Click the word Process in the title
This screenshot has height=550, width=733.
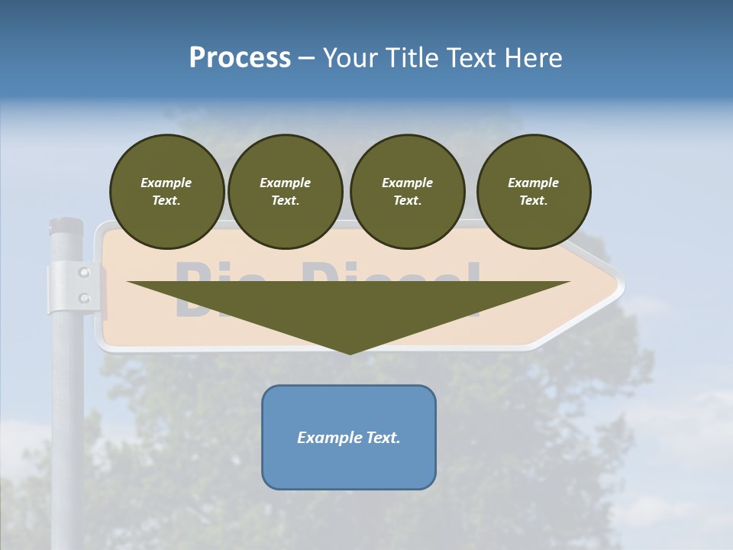click(240, 57)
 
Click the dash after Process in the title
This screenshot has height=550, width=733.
click(306, 59)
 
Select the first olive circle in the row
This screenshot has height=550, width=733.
click(166, 191)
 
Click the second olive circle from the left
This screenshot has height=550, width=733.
click(285, 191)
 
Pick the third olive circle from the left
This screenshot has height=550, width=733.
click(407, 191)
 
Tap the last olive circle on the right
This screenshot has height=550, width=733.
click(533, 191)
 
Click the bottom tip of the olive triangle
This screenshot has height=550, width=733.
click(349, 352)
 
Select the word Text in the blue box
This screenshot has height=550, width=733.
click(382, 438)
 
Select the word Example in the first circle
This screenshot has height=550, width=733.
click(166, 183)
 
